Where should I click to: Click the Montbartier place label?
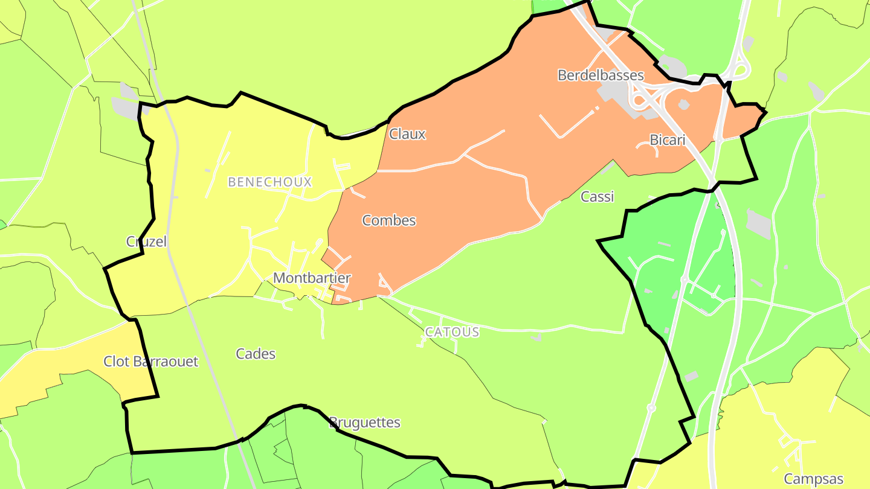pyautogui.click(x=312, y=278)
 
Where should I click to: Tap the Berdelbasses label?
pyautogui.click(x=601, y=75)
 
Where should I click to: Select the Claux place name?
pyautogui.click(x=407, y=134)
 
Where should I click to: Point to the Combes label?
pyautogui.click(x=389, y=220)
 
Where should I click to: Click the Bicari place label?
pyautogui.click(x=668, y=140)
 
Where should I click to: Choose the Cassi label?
pyautogui.click(x=597, y=196)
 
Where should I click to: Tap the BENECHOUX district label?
pyautogui.click(x=269, y=182)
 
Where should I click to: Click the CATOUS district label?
pyautogui.click(x=452, y=332)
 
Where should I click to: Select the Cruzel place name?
pyautogui.click(x=146, y=241)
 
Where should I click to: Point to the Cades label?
pyautogui.click(x=256, y=354)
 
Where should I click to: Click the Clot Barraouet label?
pyautogui.click(x=151, y=362)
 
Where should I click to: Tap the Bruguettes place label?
pyautogui.click(x=365, y=423)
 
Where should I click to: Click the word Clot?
pyautogui.click(x=117, y=362)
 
